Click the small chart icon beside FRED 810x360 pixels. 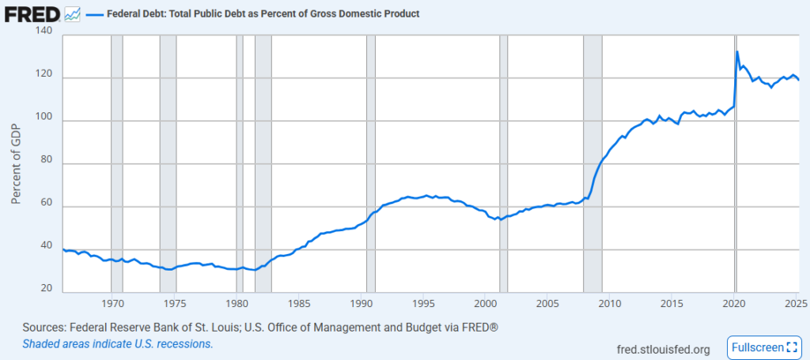pos(72,14)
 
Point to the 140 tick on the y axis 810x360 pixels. pos(44,32)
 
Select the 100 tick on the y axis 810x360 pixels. pos(44,120)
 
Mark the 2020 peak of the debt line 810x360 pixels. pos(737,52)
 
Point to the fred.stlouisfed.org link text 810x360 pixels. pos(662,349)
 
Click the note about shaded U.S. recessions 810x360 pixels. pos(118,344)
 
